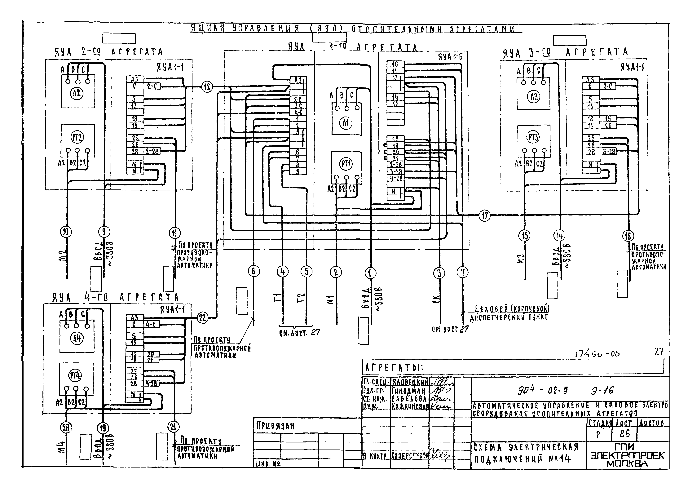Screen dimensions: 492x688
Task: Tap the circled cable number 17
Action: tap(484, 215)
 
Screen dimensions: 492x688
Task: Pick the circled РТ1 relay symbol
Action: tap(346, 164)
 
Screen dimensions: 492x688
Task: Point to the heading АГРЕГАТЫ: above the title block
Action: tap(394, 368)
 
